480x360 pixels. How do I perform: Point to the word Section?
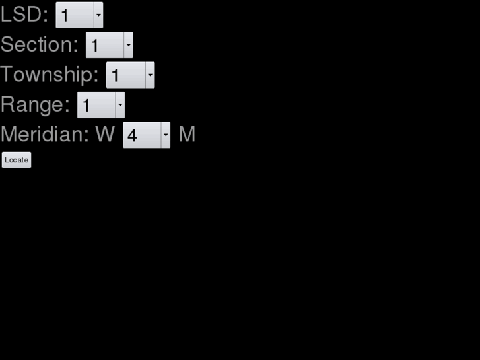click(x=39, y=45)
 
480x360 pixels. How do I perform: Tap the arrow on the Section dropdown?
click(x=128, y=45)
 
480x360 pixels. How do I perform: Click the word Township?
click(x=50, y=75)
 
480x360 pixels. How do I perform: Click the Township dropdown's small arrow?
click(x=150, y=75)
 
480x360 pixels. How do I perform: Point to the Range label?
click(x=35, y=104)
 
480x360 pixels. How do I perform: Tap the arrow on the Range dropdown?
click(x=120, y=104)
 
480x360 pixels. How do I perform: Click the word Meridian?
click(x=44, y=135)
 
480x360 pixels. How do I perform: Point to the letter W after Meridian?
click(x=105, y=135)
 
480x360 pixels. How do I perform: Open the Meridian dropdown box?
click(x=142, y=135)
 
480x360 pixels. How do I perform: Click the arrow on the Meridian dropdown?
click(x=165, y=135)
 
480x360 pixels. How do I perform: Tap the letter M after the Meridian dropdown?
click(x=187, y=135)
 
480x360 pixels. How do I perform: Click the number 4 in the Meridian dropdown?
click(x=132, y=135)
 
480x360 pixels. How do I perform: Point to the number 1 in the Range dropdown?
click(x=86, y=106)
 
